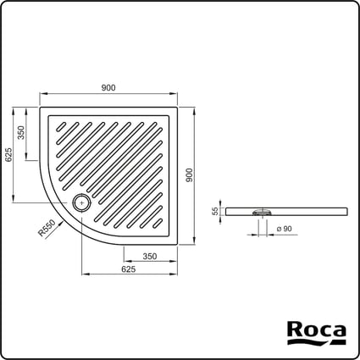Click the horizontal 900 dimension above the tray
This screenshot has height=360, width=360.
108,88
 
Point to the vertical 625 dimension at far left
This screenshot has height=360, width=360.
8,155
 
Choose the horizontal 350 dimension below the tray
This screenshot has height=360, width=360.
149,256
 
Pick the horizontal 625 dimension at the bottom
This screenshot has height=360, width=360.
129,269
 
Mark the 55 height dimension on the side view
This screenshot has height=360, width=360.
215,212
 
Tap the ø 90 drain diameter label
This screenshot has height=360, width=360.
282,229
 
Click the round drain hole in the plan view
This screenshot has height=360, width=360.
81,202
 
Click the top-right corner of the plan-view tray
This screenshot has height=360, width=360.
177,107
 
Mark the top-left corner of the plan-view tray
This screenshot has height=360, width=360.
40,107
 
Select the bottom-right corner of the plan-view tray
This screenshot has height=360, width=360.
177,244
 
